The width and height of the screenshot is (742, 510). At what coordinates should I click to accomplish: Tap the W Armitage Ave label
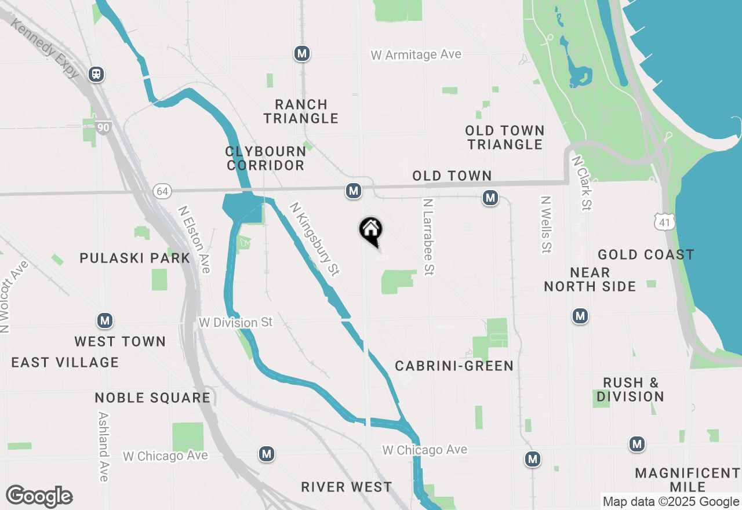(x=416, y=55)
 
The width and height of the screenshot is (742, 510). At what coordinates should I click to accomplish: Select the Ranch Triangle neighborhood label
(x=301, y=111)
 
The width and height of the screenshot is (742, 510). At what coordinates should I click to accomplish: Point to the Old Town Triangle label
(x=505, y=137)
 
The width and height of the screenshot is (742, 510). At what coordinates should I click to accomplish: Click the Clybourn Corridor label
(x=265, y=158)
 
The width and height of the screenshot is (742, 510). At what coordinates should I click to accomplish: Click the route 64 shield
(x=162, y=191)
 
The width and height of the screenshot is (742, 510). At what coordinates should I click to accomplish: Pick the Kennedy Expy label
(x=45, y=51)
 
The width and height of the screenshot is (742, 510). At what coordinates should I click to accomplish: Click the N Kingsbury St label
(x=314, y=239)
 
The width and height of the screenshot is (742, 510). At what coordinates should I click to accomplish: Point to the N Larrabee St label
(x=428, y=237)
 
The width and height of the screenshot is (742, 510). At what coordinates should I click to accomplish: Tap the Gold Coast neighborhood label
(x=646, y=254)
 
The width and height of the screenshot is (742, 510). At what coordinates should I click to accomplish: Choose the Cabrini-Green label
(x=454, y=366)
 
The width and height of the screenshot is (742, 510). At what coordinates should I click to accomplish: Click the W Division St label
(x=235, y=322)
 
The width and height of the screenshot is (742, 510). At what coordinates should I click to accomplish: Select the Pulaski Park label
(x=135, y=258)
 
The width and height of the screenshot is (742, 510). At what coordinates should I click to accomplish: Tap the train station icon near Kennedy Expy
(x=96, y=74)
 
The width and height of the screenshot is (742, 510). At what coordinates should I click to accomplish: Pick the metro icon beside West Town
(x=104, y=320)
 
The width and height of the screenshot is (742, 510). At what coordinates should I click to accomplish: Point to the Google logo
(x=39, y=497)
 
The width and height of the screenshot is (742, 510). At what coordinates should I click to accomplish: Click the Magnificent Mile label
(x=687, y=480)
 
